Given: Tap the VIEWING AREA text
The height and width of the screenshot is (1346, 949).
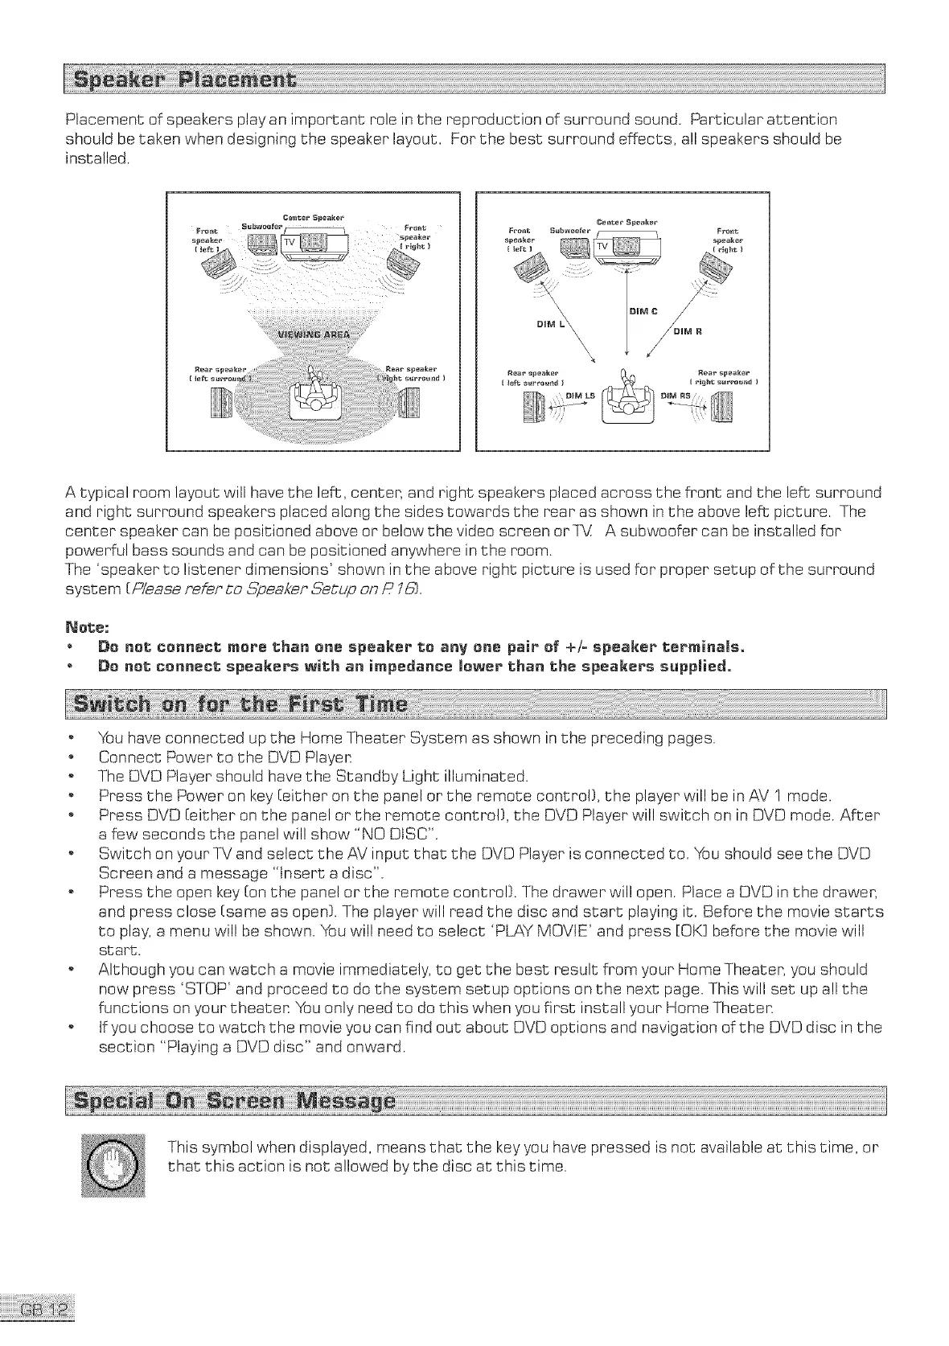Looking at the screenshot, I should tap(310, 334).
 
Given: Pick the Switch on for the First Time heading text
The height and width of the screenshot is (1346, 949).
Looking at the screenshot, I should tap(241, 707).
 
